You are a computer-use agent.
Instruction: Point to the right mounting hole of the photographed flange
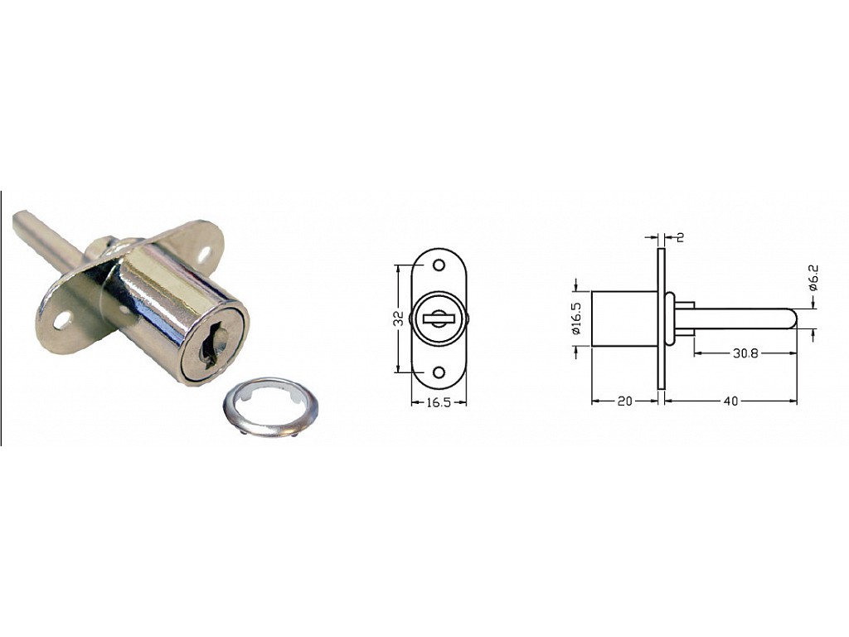[x=206, y=254]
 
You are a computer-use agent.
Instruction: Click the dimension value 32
[x=399, y=318]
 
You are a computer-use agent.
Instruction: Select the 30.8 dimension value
[x=745, y=353]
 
